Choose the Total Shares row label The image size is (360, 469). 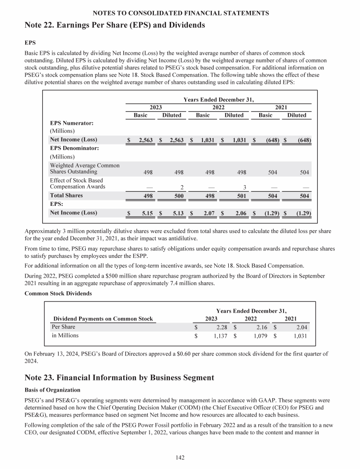click(x=66, y=195)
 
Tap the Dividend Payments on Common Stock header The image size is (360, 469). click(x=103, y=319)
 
